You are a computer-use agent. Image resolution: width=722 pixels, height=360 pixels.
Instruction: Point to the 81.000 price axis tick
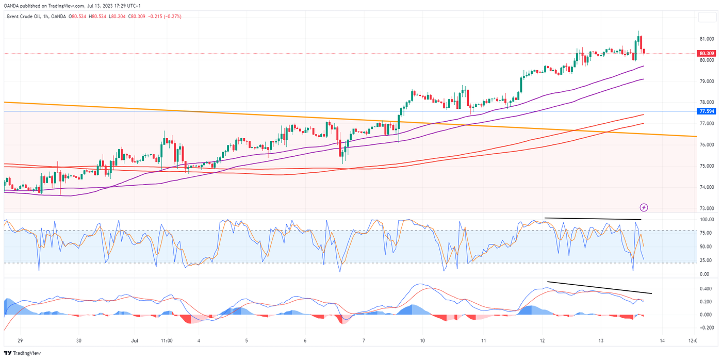point(706,39)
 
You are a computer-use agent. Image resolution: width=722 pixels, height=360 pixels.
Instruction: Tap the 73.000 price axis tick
point(706,208)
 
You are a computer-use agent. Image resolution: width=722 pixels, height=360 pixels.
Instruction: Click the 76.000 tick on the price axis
point(706,145)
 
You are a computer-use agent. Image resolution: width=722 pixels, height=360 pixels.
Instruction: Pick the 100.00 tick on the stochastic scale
point(706,220)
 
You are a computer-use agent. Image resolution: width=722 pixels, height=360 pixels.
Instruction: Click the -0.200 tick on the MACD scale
point(705,328)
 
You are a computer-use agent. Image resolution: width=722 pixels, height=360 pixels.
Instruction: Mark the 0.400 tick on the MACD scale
point(705,289)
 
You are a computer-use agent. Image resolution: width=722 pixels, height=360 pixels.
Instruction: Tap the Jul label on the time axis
point(135,341)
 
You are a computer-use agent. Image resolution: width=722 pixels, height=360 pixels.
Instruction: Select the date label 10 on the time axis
point(422,341)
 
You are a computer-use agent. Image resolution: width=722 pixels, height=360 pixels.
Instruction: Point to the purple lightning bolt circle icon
point(644,207)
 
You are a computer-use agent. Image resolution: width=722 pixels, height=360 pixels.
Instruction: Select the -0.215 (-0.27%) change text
point(165,17)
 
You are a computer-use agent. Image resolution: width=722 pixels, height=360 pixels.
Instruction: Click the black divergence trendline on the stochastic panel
point(593,219)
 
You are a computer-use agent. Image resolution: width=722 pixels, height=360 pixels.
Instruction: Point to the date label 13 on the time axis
point(601,341)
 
